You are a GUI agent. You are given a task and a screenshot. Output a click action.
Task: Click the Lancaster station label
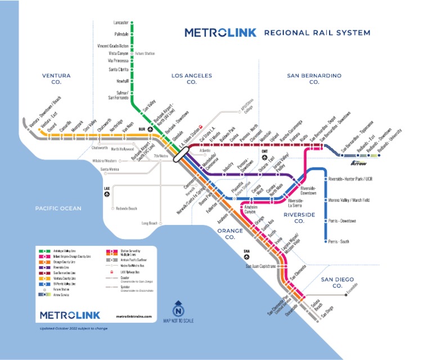[x=120, y=22]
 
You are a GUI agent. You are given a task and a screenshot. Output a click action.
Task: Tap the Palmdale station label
[x=121, y=34]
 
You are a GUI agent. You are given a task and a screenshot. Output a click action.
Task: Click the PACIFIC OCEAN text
[x=58, y=208]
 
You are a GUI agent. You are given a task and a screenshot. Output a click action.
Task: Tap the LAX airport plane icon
[x=107, y=194]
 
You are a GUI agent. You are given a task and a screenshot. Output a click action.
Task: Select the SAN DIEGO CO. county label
[x=331, y=282]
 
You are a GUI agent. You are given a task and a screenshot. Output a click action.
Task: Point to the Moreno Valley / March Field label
[x=349, y=200]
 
